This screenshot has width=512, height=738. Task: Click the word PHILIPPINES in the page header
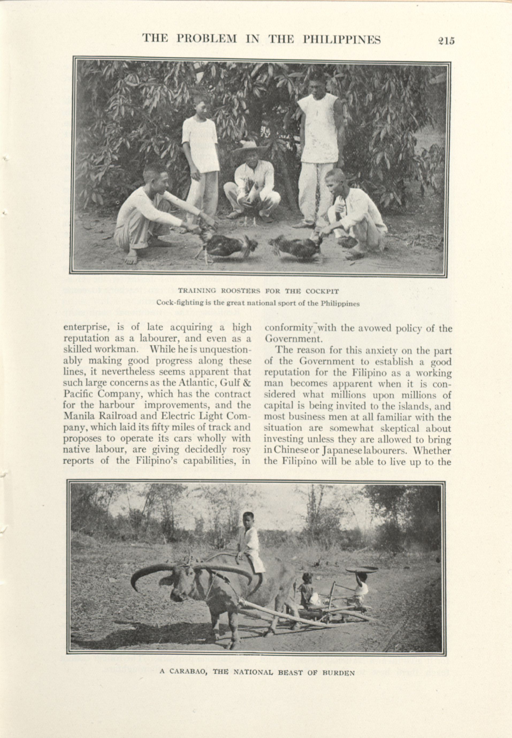(x=342, y=39)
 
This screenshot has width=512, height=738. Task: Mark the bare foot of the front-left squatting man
(x=131, y=258)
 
